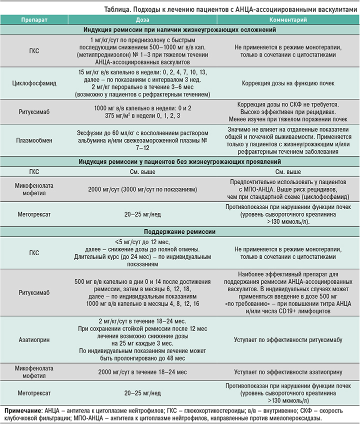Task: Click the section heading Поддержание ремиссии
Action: point(180,232)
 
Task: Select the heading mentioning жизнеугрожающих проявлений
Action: point(180,162)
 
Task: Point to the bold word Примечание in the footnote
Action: point(22,411)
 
